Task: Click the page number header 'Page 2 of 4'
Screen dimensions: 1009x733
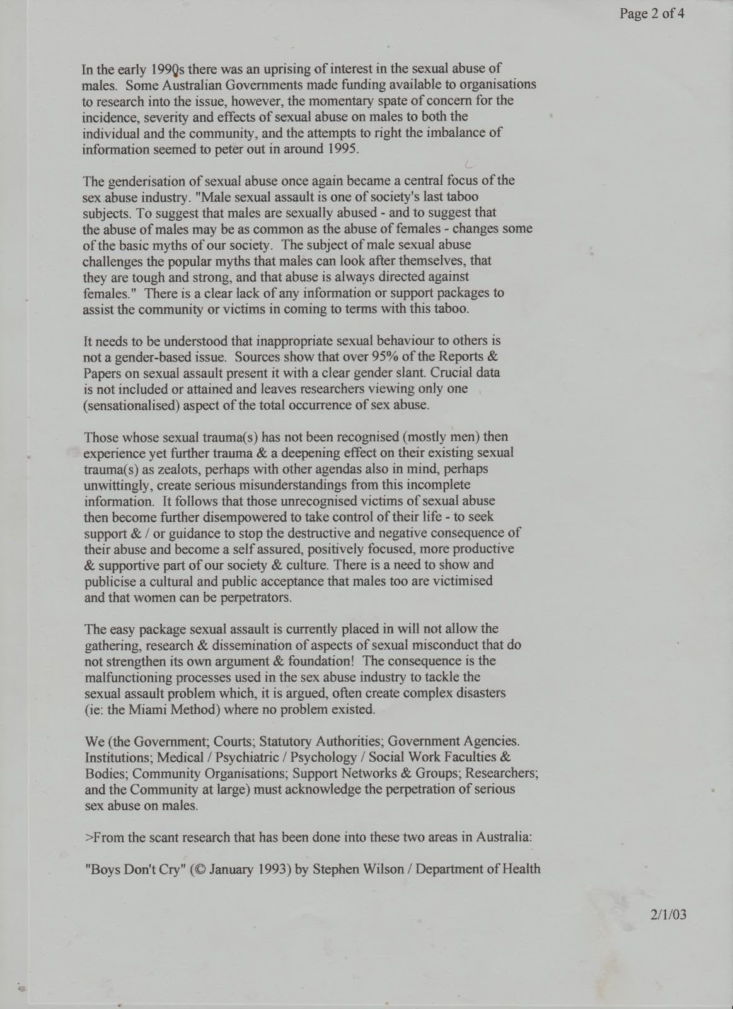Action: click(651, 13)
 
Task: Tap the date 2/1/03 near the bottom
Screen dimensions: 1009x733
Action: click(668, 914)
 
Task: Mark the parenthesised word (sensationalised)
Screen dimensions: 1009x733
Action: click(132, 405)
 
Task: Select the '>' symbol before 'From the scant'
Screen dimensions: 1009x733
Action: click(88, 837)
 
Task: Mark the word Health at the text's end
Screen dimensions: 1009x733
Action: click(521, 868)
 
